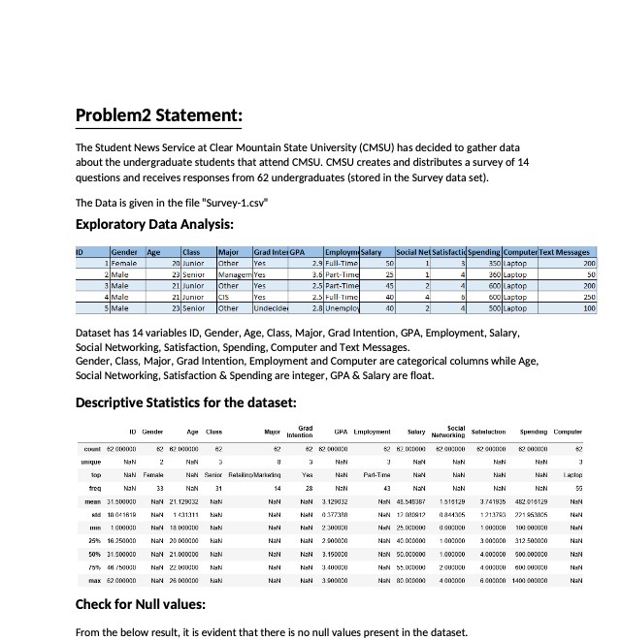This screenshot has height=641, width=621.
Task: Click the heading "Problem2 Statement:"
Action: tap(158, 117)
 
